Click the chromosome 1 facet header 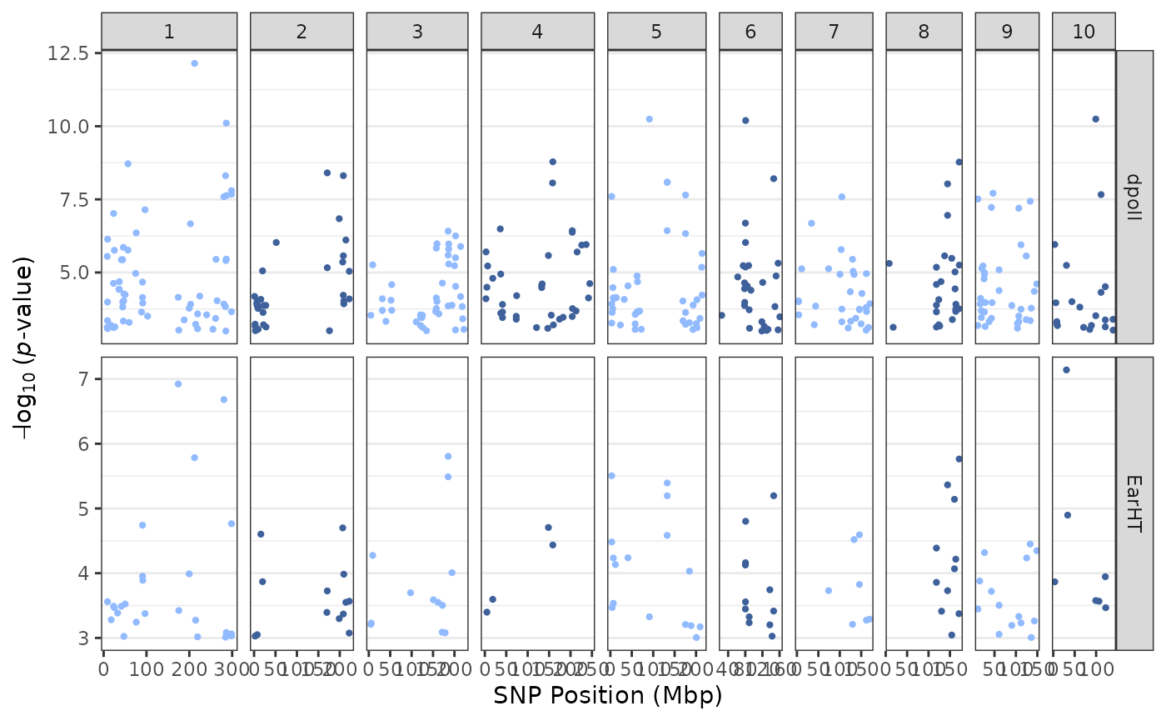[x=169, y=32]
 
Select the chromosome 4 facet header [x=537, y=32]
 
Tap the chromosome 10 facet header [x=1084, y=32]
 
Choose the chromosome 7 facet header [x=834, y=32]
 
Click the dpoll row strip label [x=1134, y=197]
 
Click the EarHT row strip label [x=1134, y=503]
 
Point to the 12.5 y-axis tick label [x=70, y=53]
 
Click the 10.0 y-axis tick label [x=70, y=127]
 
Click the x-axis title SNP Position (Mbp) [x=608, y=696]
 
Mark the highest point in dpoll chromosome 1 [x=195, y=63]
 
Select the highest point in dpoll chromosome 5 [x=650, y=119]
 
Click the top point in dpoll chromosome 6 [x=745, y=121]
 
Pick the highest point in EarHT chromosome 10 [x=1066, y=370]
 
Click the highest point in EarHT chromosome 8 [x=959, y=458]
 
